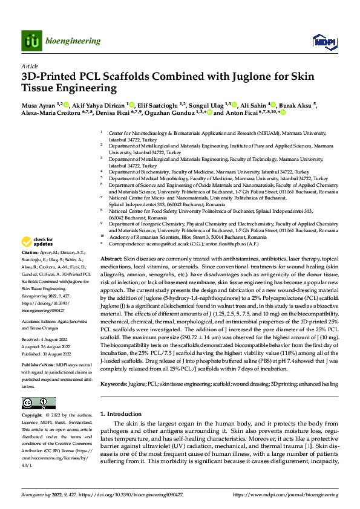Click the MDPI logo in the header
pyautogui.click(x=321, y=41)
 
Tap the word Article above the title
pyautogui.click(x=30, y=65)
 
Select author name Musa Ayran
pyautogui.click(x=38, y=104)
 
